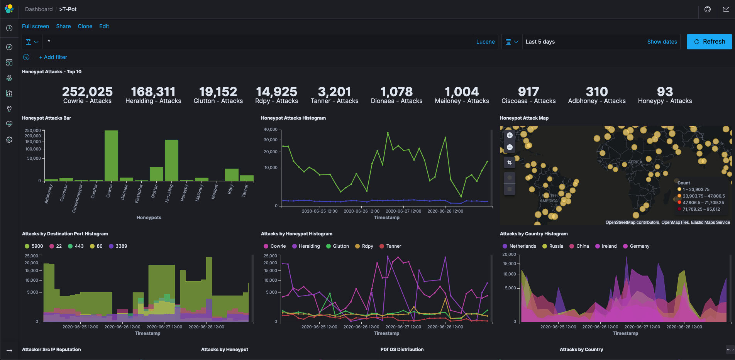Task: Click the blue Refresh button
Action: (x=709, y=42)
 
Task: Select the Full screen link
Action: (x=36, y=26)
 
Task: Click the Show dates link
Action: (x=662, y=42)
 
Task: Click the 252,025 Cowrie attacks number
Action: (x=87, y=92)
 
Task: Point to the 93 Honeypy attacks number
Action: (x=665, y=92)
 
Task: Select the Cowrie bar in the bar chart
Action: (x=111, y=156)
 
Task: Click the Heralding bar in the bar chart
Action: (x=171, y=161)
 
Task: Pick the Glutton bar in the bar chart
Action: (x=156, y=174)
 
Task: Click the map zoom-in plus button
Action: (x=510, y=135)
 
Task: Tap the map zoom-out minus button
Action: (x=510, y=147)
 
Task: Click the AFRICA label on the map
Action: (x=635, y=162)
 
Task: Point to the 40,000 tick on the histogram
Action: (x=270, y=129)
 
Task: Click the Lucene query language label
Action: (x=485, y=42)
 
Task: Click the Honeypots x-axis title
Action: (x=149, y=218)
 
